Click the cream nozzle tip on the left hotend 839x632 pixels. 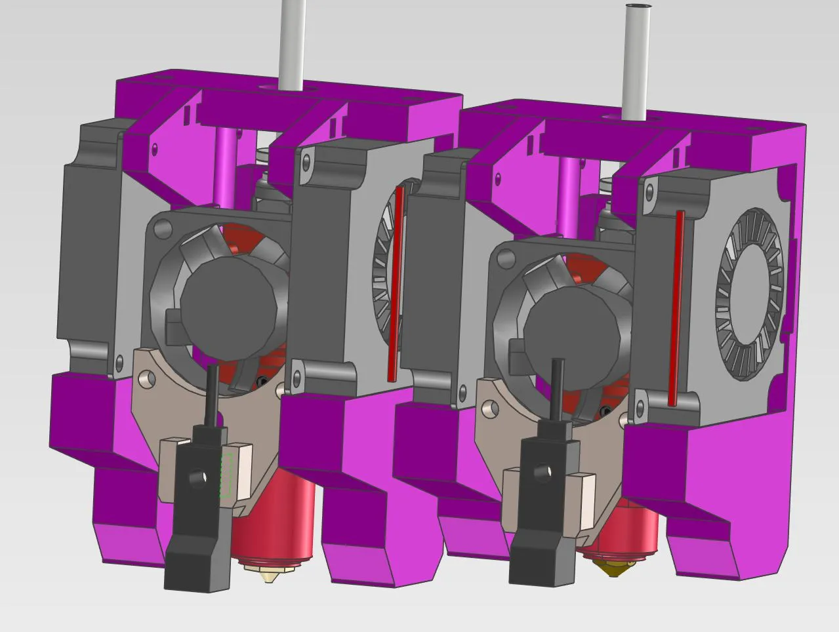[x=269, y=576]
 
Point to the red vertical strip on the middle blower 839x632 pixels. [x=396, y=282]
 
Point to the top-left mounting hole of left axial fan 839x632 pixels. [x=159, y=227]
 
